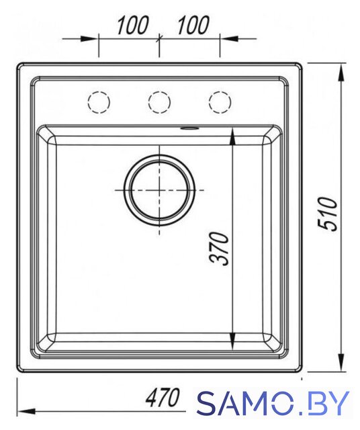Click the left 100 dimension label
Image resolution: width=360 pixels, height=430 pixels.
click(133, 26)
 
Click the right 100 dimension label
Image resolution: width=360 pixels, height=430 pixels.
click(193, 26)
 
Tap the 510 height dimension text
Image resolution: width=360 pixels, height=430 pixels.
click(327, 214)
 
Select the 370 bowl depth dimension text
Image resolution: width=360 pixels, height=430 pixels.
click(219, 249)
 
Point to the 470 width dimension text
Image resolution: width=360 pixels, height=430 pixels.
click(163, 397)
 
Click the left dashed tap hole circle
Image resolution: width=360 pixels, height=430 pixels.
click(88, 102)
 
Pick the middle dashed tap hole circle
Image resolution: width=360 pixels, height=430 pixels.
click(148, 102)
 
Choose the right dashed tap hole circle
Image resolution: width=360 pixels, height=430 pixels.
click(209, 102)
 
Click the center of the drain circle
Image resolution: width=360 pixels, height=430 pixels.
click(159, 190)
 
